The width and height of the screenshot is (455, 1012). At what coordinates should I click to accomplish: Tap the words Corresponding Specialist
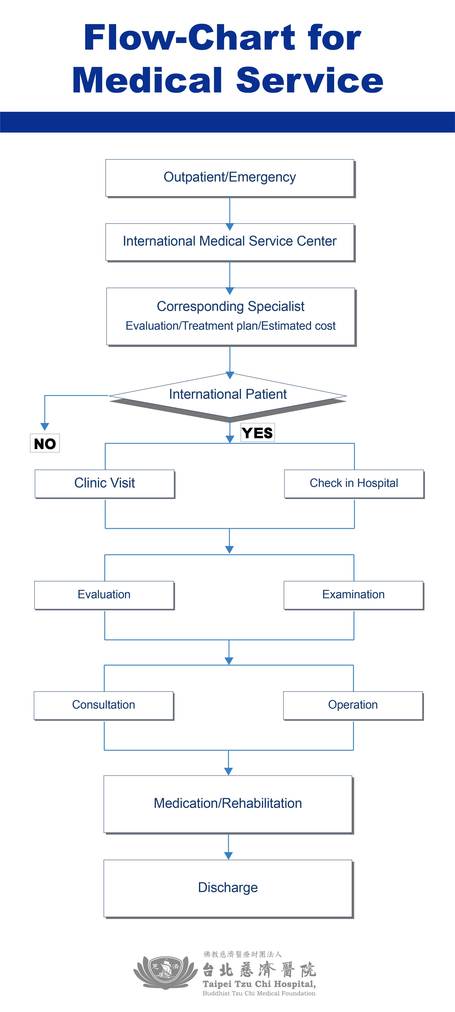click(231, 306)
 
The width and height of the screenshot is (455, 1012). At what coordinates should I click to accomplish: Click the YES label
click(257, 432)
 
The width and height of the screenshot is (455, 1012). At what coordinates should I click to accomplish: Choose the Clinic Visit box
click(105, 484)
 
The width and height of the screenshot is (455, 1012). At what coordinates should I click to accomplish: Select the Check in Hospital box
click(354, 484)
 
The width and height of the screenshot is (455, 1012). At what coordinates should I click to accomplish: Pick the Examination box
click(354, 595)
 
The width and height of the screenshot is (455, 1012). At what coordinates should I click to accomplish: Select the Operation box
click(353, 706)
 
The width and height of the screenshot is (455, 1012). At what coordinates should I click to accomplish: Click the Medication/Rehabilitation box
click(229, 804)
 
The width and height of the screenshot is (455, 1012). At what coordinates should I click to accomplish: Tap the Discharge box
click(229, 889)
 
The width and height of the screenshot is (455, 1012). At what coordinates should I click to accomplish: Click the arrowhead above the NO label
click(45, 427)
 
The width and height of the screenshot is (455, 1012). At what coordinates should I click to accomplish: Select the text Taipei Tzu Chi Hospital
click(259, 984)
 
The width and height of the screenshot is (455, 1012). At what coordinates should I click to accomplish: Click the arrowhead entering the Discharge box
click(229, 856)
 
